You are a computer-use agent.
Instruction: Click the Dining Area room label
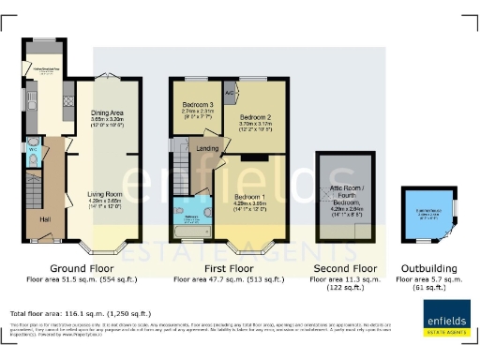pos(106,112)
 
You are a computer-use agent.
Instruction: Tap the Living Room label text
pos(106,194)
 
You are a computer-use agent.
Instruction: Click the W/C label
pos(32,149)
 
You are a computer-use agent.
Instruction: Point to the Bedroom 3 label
pos(197,103)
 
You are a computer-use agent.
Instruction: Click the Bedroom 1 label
pos(250,197)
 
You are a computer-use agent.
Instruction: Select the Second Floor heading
pos(349,267)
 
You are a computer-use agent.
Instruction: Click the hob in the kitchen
pos(67,97)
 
